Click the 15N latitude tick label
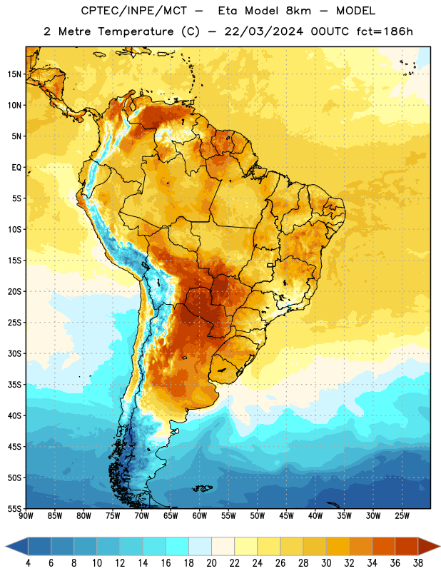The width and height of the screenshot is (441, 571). tap(14, 74)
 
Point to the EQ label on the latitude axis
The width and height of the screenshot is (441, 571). tap(16, 168)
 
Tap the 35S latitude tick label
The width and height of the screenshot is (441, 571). tap(14, 385)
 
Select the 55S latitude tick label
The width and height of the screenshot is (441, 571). tap(14, 508)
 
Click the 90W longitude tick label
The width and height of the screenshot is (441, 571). tap(26, 516)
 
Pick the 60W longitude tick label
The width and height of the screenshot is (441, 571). tap(200, 516)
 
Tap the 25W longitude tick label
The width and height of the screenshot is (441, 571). tap(402, 516)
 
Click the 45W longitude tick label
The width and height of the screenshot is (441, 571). tap(286, 516)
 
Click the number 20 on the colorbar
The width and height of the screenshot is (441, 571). tap(211, 563)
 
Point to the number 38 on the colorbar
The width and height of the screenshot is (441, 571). tap(418, 563)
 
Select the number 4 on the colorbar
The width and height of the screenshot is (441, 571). tap(28, 563)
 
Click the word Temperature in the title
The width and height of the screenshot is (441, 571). tap(136, 31)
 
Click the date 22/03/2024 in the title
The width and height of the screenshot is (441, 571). tap(263, 31)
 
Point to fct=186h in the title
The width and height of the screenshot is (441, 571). tap(385, 31)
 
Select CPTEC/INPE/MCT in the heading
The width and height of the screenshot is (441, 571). tap(133, 11)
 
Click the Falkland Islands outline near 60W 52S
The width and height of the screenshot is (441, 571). tap(202, 488)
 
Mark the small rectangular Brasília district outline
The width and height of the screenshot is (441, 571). tap(270, 265)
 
